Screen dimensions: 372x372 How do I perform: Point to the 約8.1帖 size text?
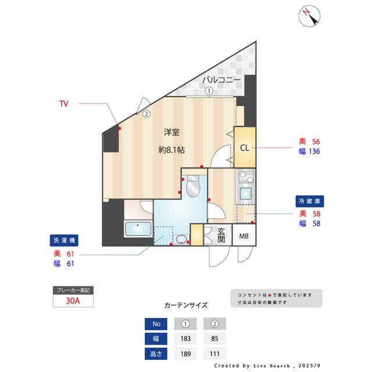click(172, 149)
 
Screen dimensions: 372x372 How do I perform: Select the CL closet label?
click(245, 147)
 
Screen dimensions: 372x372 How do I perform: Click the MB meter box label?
click(244, 235)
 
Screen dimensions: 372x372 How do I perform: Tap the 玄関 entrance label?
click(221, 235)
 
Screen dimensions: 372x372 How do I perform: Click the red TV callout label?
click(64, 104)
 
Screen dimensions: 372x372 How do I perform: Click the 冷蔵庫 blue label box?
click(310, 201)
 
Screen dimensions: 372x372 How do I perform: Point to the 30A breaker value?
click(73, 301)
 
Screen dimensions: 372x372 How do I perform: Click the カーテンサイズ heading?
click(186, 305)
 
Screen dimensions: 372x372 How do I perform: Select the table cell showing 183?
click(185, 338)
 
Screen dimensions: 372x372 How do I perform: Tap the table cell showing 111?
click(214, 353)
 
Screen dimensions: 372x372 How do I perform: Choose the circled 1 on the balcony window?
click(209, 91)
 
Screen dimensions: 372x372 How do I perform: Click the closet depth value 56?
click(316, 142)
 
